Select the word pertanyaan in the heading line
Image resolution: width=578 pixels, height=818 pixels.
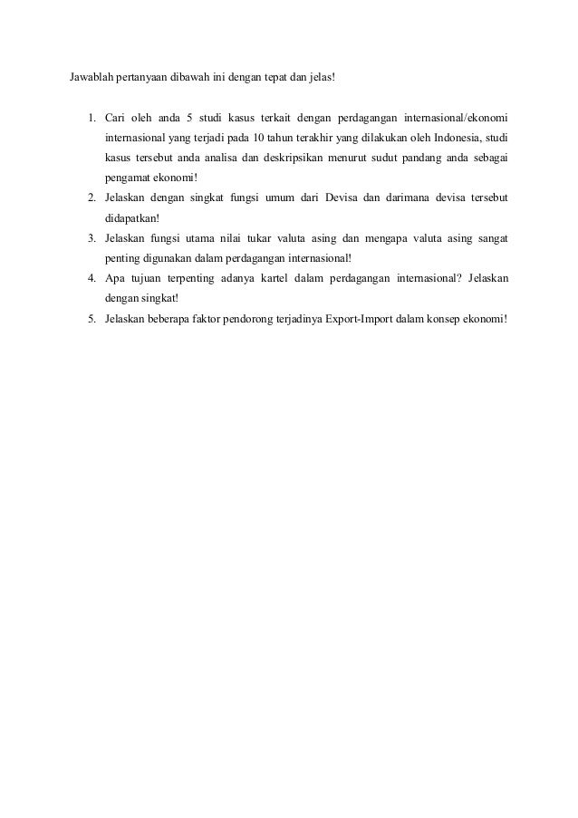[x=149, y=75]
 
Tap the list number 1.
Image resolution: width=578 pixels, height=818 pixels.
[x=92, y=118]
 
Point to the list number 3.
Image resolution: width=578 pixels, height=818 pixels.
[x=92, y=238]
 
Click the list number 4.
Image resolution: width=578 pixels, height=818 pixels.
[x=92, y=278]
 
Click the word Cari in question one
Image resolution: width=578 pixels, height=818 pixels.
[x=114, y=118]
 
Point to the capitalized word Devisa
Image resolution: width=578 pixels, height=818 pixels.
[x=342, y=198]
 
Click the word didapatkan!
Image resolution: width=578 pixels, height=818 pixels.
[x=130, y=218]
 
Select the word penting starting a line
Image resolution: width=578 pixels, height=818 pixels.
[x=120, y=258]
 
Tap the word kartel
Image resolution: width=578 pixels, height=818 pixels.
[x=296, y=278]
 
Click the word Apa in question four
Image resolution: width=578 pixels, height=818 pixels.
[x=113, y=278]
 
